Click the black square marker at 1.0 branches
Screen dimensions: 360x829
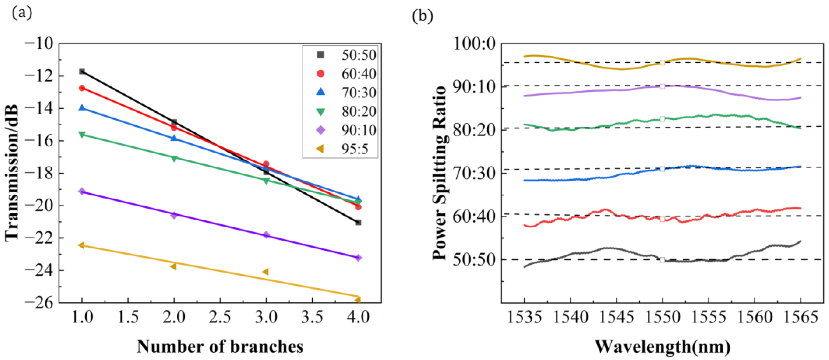pyautogui.click(x=82, y=71)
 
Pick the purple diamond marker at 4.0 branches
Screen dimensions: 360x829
pyautogui.click(x=358, y=257)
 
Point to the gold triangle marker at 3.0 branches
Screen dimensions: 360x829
pyautogui.click(x=265, y=272)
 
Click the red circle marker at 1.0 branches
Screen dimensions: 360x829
pyautogui.click(x=82, y=88)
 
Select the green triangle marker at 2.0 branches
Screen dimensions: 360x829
pyautogui.click(x=174, y=158)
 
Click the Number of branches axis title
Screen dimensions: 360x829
pyautogui.click(x=220, y=347)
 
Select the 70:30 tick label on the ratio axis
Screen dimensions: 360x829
pyautogui.click(x=474, y=173)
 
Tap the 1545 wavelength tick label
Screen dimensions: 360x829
pyautogui.click(x=616, y=317)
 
